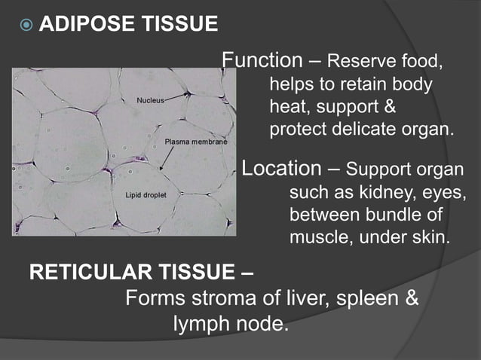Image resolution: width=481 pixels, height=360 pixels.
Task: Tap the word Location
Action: (x=281, y=168)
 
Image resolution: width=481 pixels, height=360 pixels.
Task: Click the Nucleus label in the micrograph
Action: (x=149, y=100)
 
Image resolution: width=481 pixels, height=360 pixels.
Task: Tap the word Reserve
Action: (x=358, y=61)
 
